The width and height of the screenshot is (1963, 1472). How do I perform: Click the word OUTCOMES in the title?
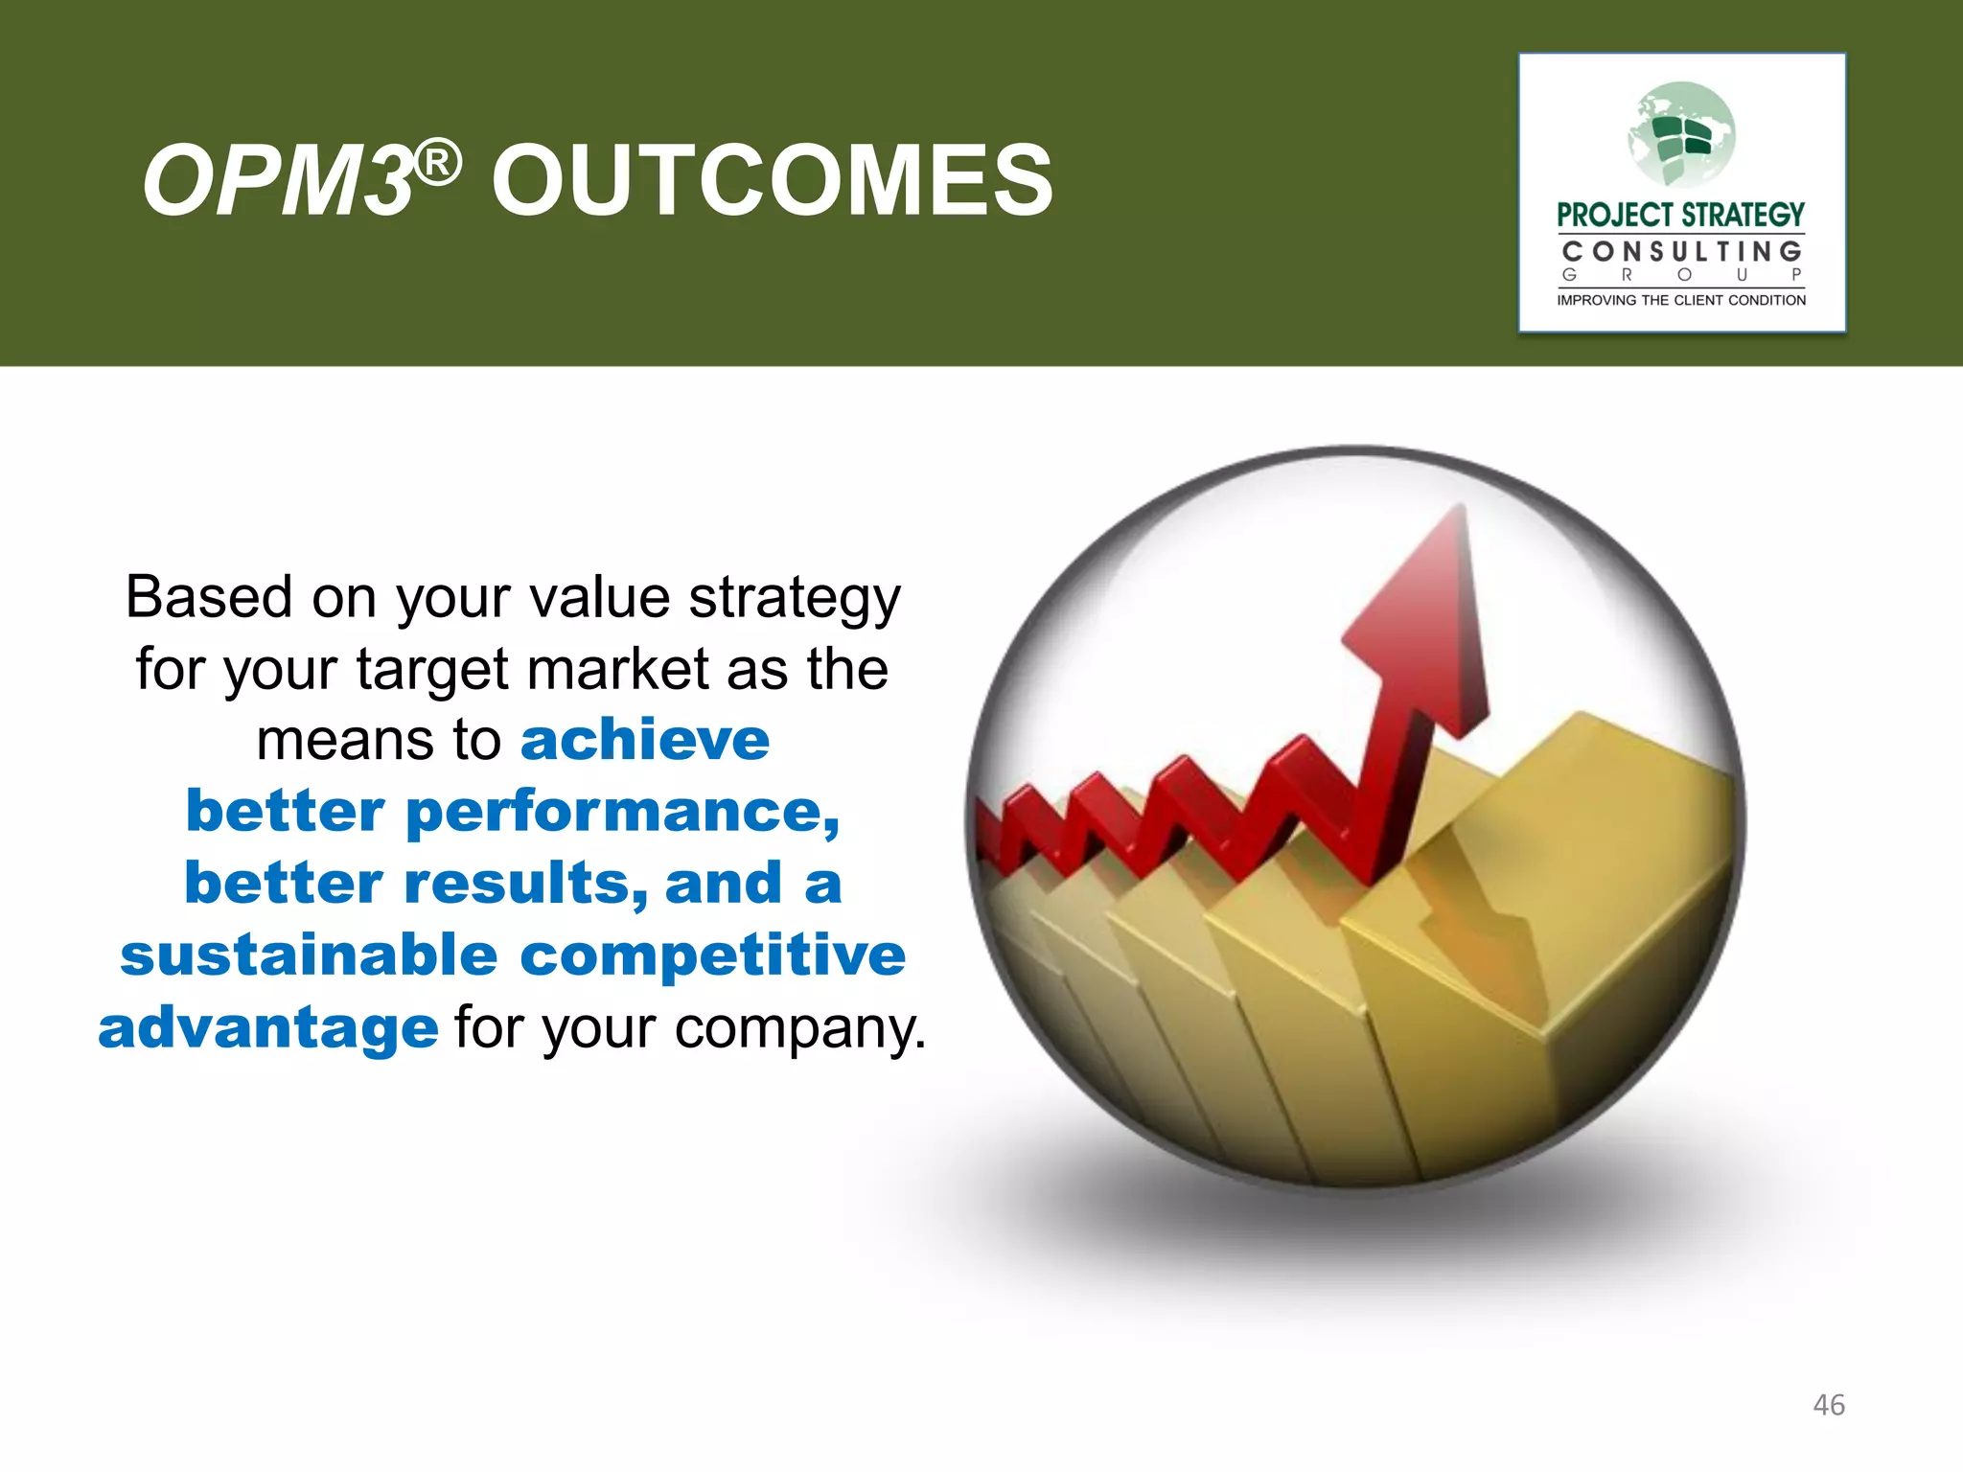coord(772,180)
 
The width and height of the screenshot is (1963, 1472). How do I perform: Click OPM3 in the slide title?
coord(278,180)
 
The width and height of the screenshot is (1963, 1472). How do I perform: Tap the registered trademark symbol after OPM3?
coord(439,163)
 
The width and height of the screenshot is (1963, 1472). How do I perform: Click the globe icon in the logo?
coord(1681,134)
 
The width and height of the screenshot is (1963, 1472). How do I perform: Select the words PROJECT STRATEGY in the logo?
coord(1680,215)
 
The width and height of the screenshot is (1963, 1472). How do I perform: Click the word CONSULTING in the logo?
coord(1681,252)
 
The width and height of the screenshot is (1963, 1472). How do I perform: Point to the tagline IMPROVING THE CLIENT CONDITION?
coord(1680,300)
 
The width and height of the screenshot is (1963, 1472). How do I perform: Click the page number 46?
coord(1828,1405)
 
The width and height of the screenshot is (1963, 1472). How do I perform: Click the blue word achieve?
coord(644,740)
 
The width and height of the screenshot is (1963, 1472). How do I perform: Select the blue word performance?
coord(622,813)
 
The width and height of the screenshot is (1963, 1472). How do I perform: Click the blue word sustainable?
coord(309,955)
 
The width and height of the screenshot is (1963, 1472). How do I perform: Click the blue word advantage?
coord(268,1027)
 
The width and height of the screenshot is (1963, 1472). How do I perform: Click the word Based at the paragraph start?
coord(209,597)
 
